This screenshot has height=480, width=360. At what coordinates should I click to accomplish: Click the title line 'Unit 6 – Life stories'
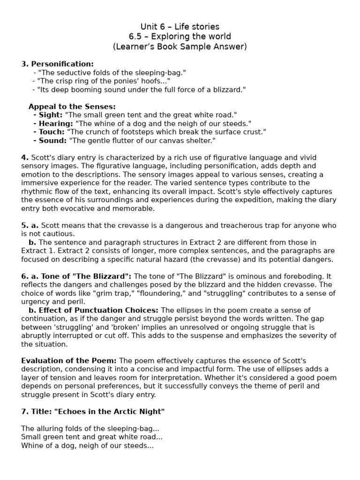click(x=180, y=27)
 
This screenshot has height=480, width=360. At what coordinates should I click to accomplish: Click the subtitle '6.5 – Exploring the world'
click(x=180, y=37)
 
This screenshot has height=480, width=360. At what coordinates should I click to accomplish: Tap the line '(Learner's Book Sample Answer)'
click(x=180, y=46)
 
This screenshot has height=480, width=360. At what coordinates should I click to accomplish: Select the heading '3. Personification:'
click(x=58, y=64)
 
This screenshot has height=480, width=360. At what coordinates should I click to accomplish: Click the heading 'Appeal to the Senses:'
click(x=72, y=106)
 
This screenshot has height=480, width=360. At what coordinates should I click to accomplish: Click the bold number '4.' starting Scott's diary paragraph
click(x=25, y=157)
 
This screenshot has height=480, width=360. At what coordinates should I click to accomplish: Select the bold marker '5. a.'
click(x=30, y=225)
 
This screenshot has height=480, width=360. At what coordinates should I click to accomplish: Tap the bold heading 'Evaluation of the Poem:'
click(x=69, y=361)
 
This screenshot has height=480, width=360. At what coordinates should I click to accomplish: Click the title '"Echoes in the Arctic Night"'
click(x=110, y=412)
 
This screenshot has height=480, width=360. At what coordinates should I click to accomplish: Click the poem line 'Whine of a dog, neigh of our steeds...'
click(x=87, y=446)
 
